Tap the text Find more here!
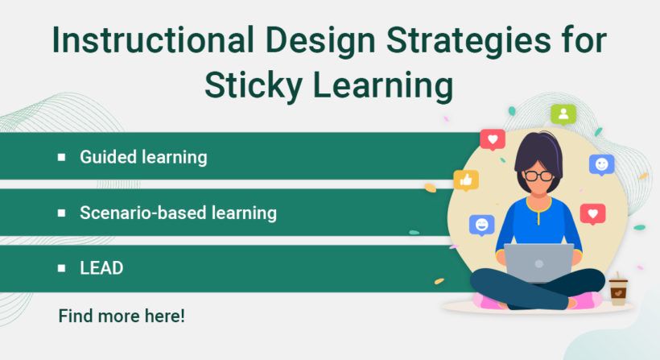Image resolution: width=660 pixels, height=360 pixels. tap(122, 316)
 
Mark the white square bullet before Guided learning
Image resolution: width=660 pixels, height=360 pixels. tap(62, 157)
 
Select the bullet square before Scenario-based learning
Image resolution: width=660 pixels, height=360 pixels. tap(62, 213)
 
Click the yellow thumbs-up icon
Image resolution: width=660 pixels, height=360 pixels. tap(466, 180)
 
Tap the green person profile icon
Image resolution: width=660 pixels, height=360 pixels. tap(563, 114)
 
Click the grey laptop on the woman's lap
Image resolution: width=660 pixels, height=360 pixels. tap(538, 263)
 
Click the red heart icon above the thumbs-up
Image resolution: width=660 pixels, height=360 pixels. tap(492, 139)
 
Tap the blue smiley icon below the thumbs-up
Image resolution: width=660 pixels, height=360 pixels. tap(481, 224)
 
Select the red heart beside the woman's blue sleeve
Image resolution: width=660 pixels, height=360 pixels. tap(592, 213)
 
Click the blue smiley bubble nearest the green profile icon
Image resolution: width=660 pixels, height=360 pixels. tap(601, 164)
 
